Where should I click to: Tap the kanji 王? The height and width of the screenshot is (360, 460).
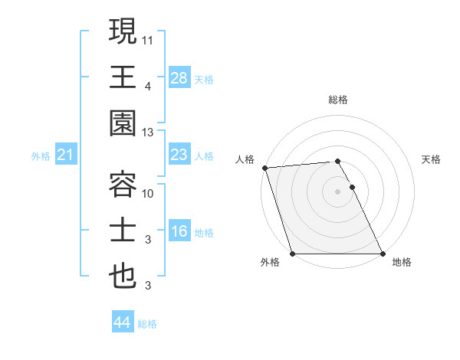click(123, 77)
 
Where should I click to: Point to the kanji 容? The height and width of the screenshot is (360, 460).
click(123, 184)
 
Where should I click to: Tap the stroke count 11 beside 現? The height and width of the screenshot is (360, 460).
click(149, 38)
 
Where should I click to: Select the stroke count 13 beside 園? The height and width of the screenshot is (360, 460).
click(149, 133)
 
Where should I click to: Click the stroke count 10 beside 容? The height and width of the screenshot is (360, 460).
click(149, 192)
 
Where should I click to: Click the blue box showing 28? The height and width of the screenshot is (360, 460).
click(179, 77)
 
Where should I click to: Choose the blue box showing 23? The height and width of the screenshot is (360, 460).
click(179, 155)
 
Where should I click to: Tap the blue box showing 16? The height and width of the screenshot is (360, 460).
click(179, 232)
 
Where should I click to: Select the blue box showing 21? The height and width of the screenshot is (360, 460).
click(65, 155)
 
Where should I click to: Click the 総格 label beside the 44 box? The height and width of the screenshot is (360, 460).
click(148, 324)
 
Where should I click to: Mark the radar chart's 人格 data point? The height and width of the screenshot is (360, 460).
click(264, 168)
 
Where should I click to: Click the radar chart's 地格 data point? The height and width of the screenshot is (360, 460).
click(382, 254)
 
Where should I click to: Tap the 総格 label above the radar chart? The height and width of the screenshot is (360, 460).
click(337, 100)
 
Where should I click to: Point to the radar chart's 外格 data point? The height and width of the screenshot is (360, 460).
click(292, 254)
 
